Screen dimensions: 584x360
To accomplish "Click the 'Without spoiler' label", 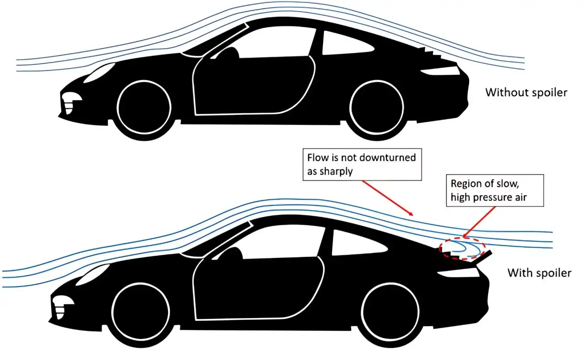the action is coord(526,93).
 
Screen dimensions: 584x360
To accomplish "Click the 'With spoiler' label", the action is coord(539,273).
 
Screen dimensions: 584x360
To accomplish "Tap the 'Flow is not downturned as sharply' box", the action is coord(362,165).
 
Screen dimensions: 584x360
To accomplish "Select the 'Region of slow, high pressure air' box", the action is coord(495,191).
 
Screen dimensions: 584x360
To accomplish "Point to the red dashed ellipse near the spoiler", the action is coord(462,238).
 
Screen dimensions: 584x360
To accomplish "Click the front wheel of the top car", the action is coord(144,107).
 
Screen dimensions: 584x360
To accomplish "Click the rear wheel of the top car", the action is coord(376,107).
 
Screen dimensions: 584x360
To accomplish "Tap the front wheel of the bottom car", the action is coord(141,312).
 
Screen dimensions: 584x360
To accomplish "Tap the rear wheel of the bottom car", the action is coord(390,312).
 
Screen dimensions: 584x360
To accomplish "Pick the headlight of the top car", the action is coord(99,73).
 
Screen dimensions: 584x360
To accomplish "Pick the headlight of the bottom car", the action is coord(92,274).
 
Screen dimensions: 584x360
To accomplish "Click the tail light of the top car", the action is coord(441,71).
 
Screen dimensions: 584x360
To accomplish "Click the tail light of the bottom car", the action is coord(459,272).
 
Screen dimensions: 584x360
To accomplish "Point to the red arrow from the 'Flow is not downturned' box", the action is coord(387,198).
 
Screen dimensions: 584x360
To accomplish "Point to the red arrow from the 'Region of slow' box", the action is coord(479,222).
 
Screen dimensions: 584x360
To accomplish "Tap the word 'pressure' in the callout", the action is coord(490,198).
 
